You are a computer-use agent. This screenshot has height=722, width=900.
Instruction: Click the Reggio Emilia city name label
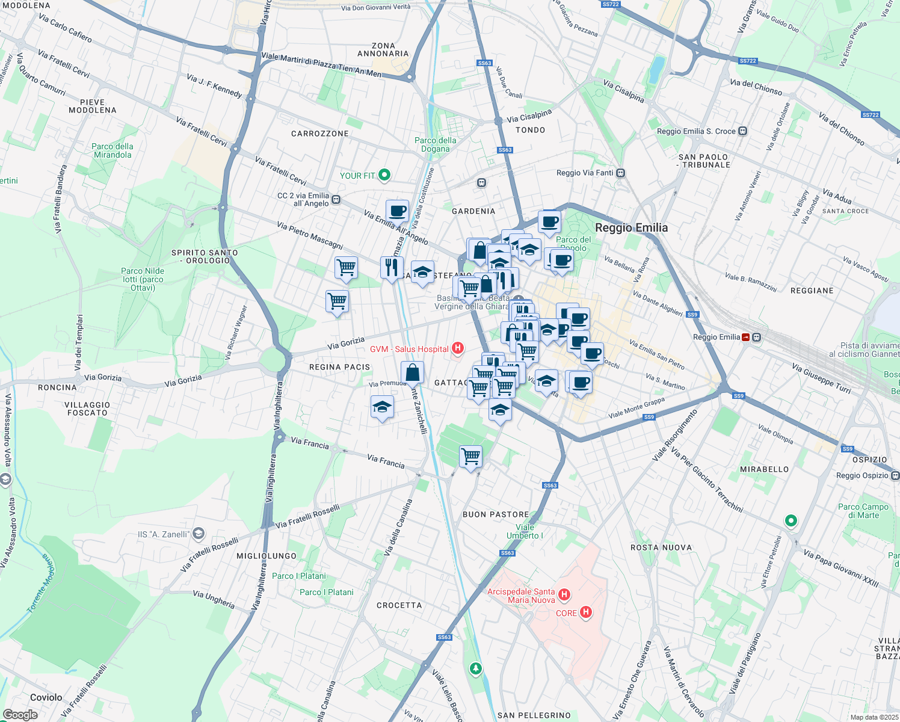click(x=631, y=227)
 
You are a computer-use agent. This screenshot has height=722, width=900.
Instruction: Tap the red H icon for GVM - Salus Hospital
click(x=458, y=348)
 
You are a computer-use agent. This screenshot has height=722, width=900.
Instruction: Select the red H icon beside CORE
click(x=585, y=612)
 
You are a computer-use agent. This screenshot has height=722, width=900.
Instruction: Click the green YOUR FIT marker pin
click(x=384, y=175)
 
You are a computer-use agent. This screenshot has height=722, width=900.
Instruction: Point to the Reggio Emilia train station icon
click(x=747, y=337)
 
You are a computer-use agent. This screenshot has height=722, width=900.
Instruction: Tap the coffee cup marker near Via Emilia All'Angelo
click(x=397, y=212)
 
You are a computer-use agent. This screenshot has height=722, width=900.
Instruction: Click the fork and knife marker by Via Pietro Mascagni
click(x=392, y=267)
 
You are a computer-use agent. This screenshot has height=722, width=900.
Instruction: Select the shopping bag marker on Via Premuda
click(x=412, y=373)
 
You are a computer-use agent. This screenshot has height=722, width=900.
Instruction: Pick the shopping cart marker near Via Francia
click(x=470, y=457)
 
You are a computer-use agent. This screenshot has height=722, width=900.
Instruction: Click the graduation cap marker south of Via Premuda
click(x=382, y=407)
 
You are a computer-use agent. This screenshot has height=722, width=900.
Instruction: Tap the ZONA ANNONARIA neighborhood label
click(x=383, y=49)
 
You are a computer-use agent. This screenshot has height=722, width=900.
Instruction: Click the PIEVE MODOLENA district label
click(x=92, y=106)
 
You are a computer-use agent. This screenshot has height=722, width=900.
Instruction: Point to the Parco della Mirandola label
click(x=112, y=150)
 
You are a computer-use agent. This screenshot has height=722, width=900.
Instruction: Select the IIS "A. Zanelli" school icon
click(x=199, y=534)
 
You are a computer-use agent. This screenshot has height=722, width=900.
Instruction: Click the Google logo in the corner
click(x=20, y=715)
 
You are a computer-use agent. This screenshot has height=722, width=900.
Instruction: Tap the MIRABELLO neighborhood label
click(x=764, y=469)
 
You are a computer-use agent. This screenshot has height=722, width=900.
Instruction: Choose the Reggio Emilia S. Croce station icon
click(x=743, y=131)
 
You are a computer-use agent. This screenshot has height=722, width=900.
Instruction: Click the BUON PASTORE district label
click(x=496, y=514)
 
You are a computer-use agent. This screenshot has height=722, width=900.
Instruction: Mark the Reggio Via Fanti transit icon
click(x=621, y=173)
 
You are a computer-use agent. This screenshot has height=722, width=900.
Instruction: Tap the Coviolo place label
click(x=46, y=697)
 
